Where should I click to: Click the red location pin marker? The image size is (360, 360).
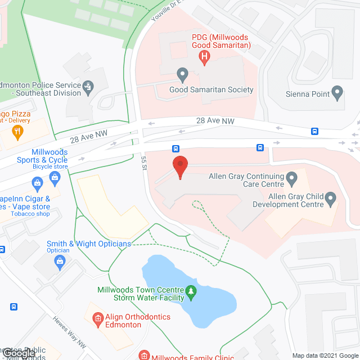coord(179,167)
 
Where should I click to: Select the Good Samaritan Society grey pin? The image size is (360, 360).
coord(182,74)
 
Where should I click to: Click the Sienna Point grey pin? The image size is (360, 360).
coord(337,93)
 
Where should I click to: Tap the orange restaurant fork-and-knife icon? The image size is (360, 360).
coord(17,133)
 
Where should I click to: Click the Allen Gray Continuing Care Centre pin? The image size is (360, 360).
coord(291,179)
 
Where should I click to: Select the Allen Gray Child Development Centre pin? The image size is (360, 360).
coord(331,197)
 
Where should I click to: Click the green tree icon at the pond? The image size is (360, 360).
coord(191,291)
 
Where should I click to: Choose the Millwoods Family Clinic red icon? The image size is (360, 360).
coord(144,355)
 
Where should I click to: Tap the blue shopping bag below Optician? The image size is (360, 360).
coord(60,261)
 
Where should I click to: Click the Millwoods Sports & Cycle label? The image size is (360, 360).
coord(49,156)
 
